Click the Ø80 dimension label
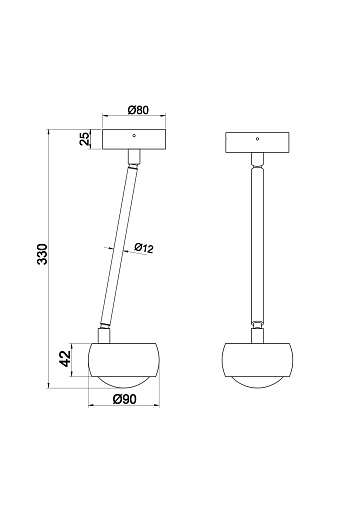point(138,110)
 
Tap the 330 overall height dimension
point(42,254)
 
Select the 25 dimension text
point(85,139)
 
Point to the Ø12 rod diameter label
point(144,248)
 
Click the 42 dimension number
point(65,359)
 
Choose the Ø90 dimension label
point(125,399)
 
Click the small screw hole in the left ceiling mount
point(134,135)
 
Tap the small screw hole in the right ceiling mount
point(257,139)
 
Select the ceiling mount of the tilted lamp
point(134,140)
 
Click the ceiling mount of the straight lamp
point(257,143)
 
